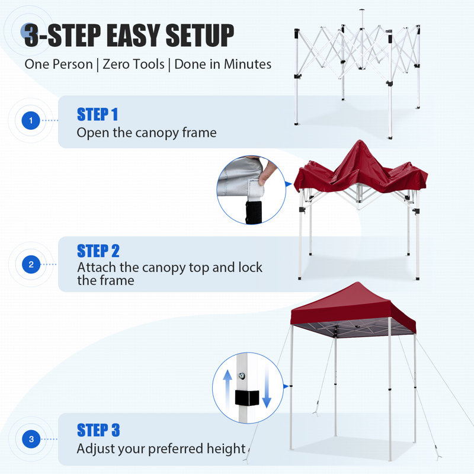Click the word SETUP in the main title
[x=200, y=36]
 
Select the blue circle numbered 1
[x=31, y=121]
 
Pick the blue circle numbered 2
[x=31, y=264]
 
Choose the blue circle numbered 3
[x=31, y=439]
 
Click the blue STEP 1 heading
[x=97, y=114]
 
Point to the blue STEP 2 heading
[x=98, y=251]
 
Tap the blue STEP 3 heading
[x=98, y=430]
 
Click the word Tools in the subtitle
[x=148, y=64]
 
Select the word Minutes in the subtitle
[x=247, y=64]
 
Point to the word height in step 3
[x=226, y=449]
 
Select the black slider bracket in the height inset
[x=247, y=398]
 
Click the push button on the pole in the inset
[x=242, y=376]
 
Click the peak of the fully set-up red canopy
[x=358, y=283]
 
